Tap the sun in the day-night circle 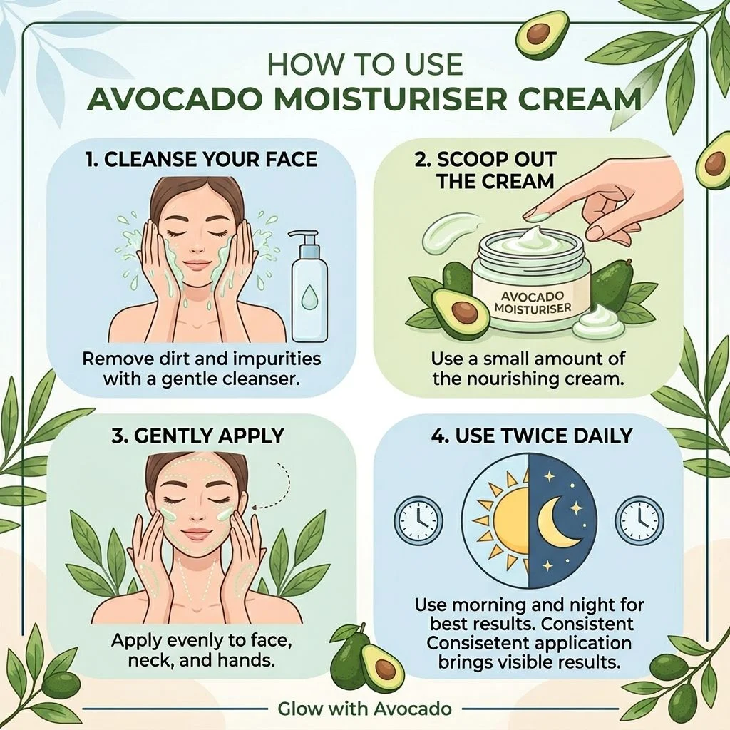(505, 518)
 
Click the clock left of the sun (418, 520)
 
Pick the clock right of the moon (639, 520)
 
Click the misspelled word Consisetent (477, 643)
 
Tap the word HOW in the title (297, 65)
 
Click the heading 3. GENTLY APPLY (197, 436)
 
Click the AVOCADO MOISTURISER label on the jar (533, 302)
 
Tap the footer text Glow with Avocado (364, 709)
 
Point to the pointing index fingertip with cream (536, 216)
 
